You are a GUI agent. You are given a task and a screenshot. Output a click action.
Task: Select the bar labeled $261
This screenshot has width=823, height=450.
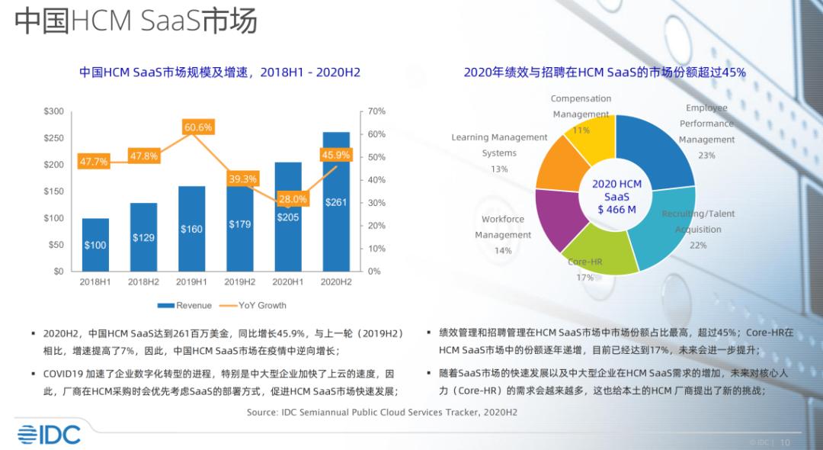(x=337, y=202)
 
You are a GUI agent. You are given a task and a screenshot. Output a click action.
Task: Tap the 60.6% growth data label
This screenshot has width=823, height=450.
(x=197, y=127)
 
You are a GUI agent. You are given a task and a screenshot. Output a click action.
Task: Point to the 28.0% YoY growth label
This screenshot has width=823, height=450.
(x=293, y=199)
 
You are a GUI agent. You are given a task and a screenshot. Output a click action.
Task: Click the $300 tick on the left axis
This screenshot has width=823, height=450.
(x=53, y=111)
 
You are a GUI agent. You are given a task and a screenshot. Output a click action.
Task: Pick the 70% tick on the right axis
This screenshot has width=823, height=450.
(x=376, y=111)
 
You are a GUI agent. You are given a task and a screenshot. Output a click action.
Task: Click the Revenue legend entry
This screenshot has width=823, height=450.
(x=185, y=305)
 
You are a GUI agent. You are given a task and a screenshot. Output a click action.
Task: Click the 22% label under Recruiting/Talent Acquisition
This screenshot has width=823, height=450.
(x=698, y=245)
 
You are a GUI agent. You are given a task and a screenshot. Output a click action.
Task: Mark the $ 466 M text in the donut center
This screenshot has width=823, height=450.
(x=616, y=209)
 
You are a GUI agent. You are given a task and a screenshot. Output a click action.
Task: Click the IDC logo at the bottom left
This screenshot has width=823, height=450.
(x=49, y=435)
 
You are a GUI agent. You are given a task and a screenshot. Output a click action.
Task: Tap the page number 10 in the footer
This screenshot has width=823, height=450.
(x=786, y=442)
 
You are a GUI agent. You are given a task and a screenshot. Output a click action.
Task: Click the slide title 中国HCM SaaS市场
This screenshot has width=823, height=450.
(x=136, y=21)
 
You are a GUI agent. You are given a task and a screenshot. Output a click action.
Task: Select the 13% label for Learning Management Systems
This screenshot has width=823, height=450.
(x=499, y=169)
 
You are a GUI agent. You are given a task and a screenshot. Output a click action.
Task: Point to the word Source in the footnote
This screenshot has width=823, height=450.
(x=263, y=412)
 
